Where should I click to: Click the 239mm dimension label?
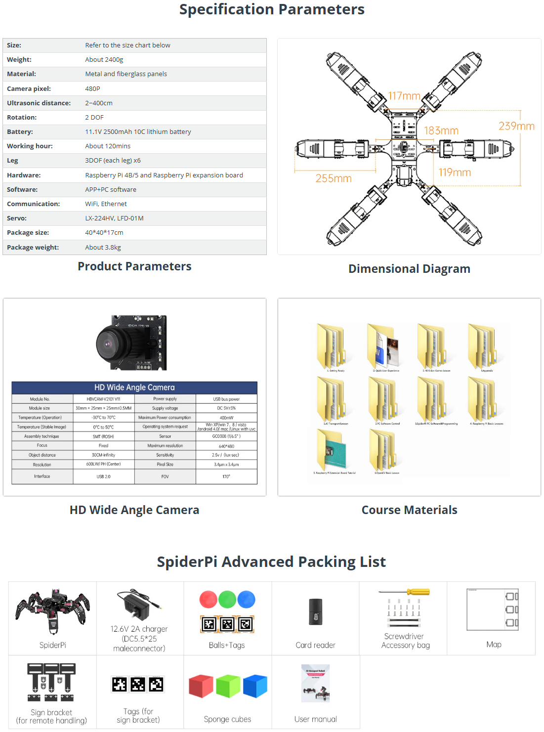point(516,126)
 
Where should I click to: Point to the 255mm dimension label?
point(334,178)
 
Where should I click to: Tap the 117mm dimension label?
point(404,96)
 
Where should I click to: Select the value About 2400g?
point(104,60)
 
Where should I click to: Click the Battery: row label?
point(20,132)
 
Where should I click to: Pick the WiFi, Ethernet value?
point(106,204)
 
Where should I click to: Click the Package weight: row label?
point(33,248)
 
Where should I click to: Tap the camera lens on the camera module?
point(109,343)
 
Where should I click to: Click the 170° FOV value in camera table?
point(226,476)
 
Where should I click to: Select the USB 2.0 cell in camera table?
point(104,476)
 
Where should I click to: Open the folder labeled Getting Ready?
point(331,346)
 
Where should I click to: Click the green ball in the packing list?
point(227,600)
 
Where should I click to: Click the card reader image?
point(315,612)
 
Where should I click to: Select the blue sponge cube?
point(255,686)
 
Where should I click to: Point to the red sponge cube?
point(201,686)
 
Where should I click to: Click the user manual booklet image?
point(315,683)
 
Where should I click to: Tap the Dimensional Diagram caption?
point(409,269)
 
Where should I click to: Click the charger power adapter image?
point(136,606)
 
